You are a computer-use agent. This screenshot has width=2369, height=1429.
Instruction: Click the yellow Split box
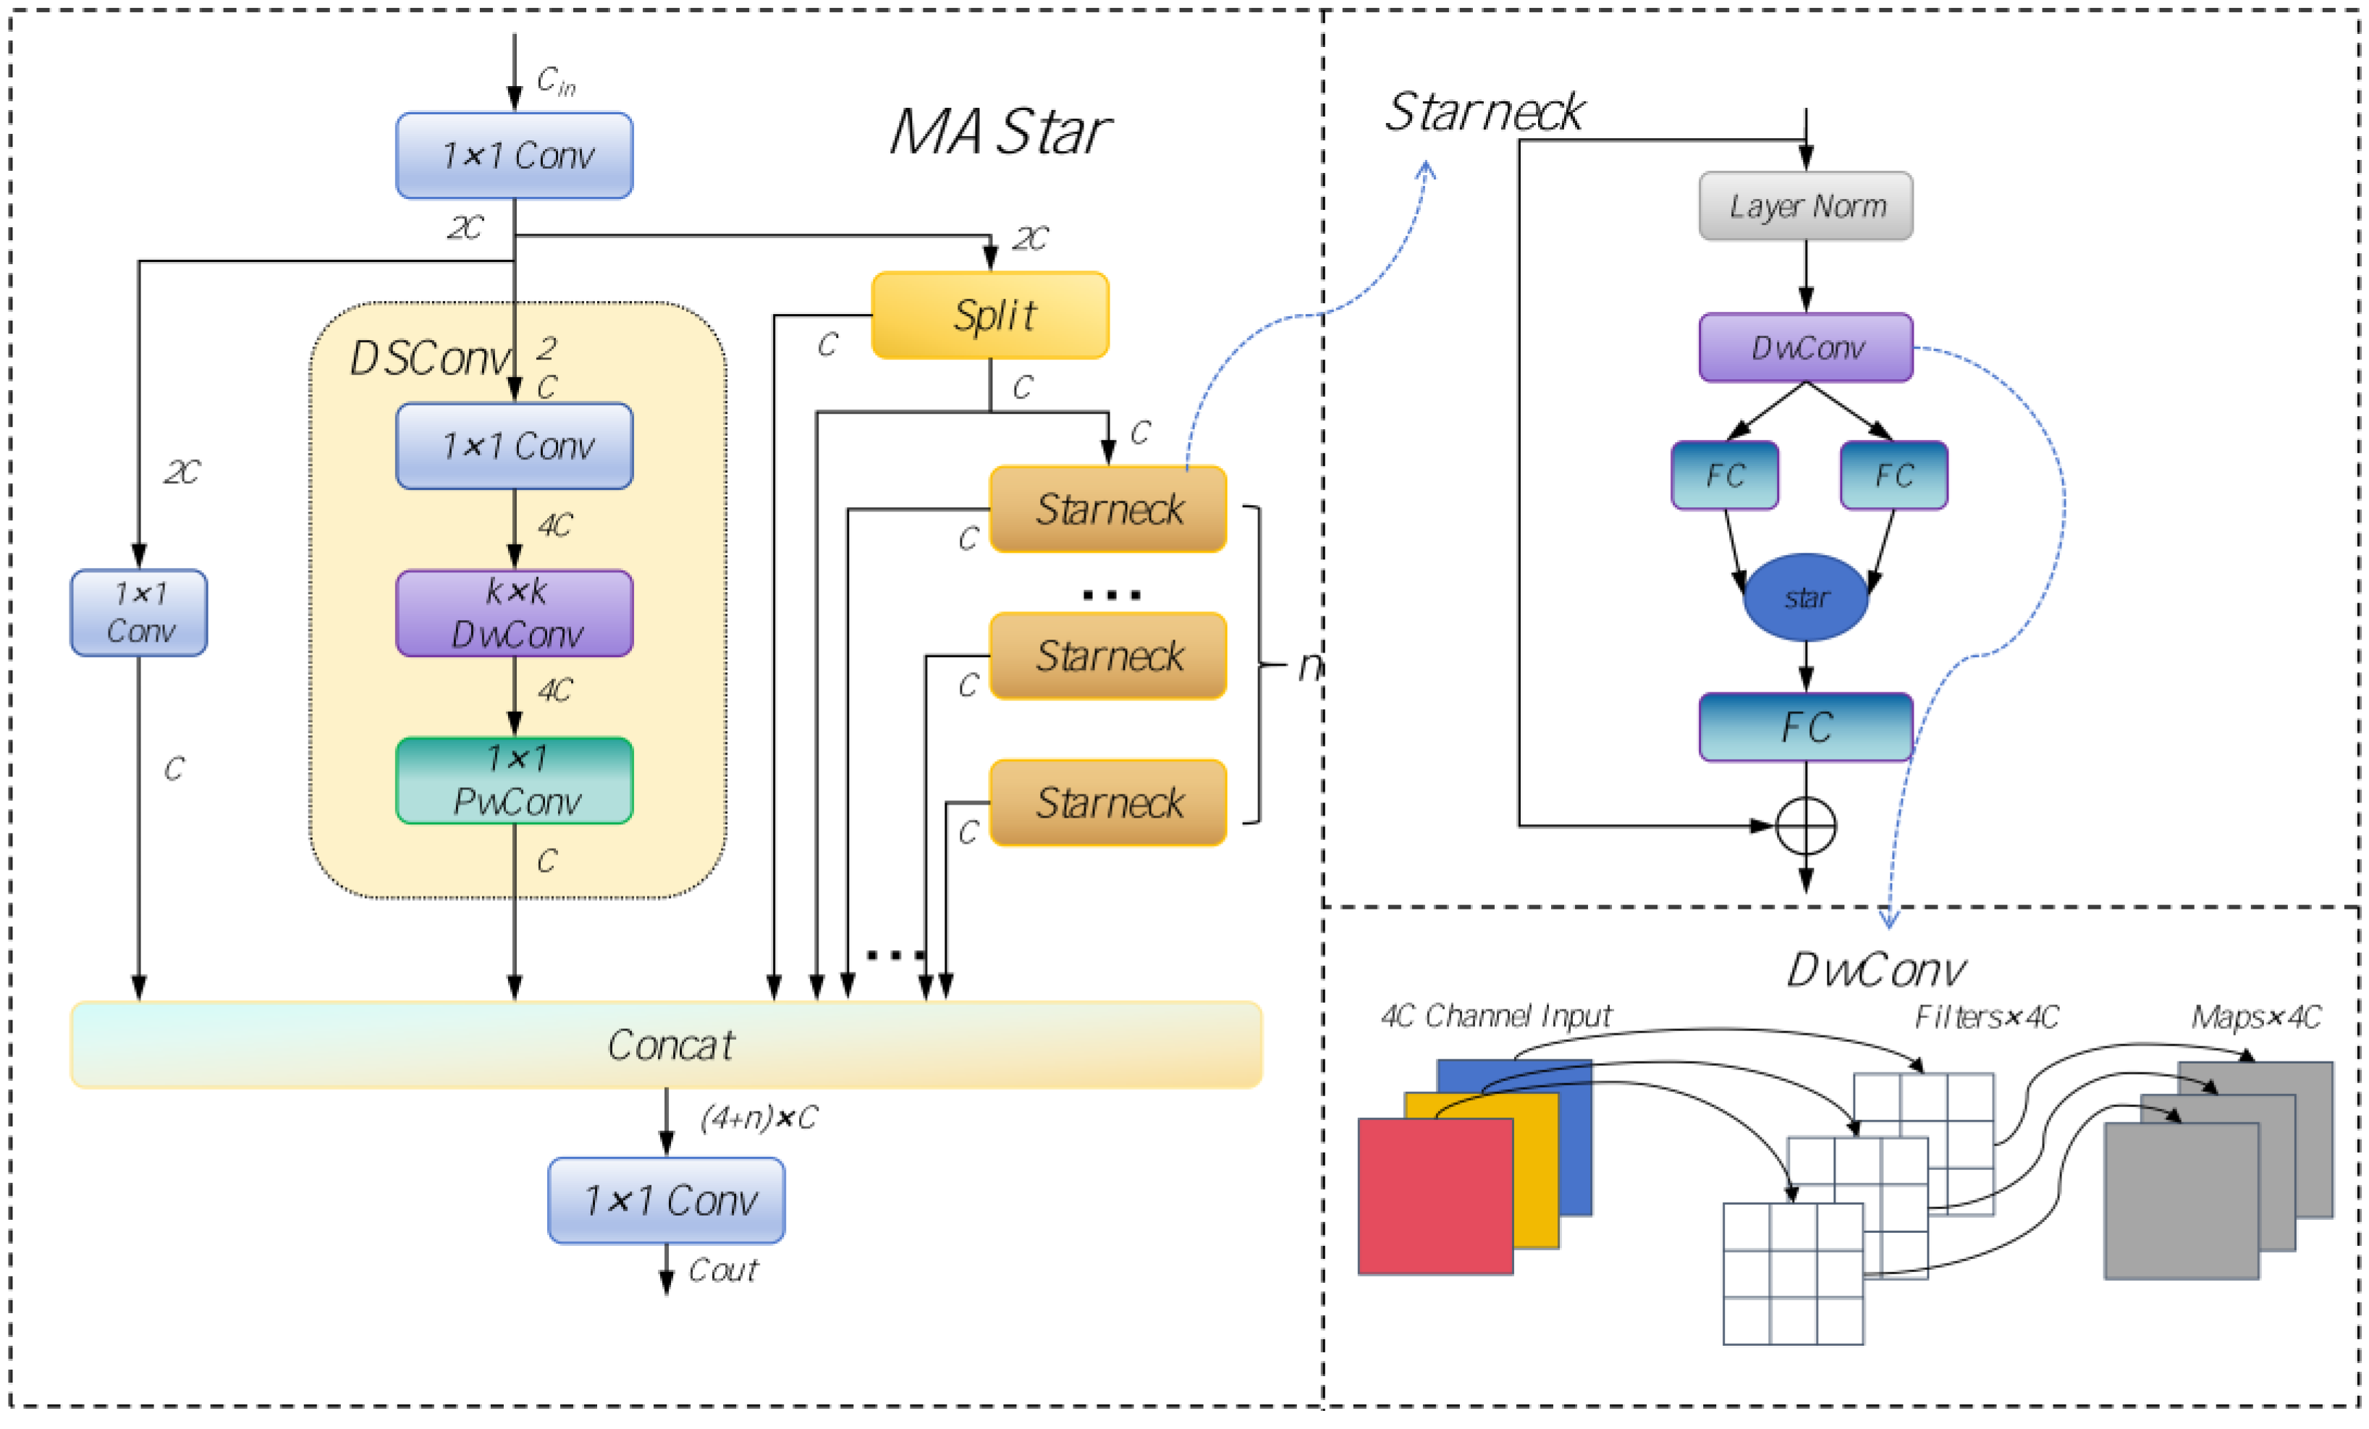click(x=989, y=315)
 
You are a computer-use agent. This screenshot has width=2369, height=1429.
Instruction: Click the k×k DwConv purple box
click(x=515, y=613)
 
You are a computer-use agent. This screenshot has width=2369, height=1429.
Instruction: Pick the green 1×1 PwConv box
click(x=515, y=780)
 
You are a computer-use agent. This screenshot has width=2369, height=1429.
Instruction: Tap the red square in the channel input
click(x=1435, y=1197)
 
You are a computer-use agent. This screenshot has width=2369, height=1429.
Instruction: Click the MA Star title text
click(x=1000, y=132)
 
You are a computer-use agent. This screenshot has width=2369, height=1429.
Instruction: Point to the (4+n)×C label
click(x=759, y=1118)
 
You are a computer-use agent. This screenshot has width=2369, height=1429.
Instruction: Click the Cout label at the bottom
click(x=723, y=1271)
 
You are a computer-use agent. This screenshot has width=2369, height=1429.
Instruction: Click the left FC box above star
click(x=1724, y=475)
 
